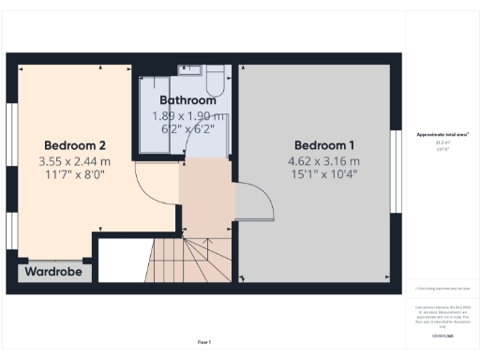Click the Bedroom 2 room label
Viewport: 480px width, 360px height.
pyautogui.click(x=74, y=145)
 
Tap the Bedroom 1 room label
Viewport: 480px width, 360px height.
pyautogui.click(x=324, y=145)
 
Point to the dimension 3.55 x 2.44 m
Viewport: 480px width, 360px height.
pyautogui.click(x=74, y=161)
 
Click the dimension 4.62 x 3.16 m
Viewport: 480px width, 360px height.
pyautogui.click(x=324, y=160)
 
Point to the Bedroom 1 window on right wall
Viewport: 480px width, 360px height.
pyautogui.click(x=396, y=169)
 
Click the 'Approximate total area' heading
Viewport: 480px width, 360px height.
pyautogui.click(x=442, y=135)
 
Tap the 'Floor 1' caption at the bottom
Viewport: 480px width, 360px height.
pyautogui.click(x=204, y=342)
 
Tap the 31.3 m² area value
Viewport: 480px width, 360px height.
pyautogui.click(x=442, y=142)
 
